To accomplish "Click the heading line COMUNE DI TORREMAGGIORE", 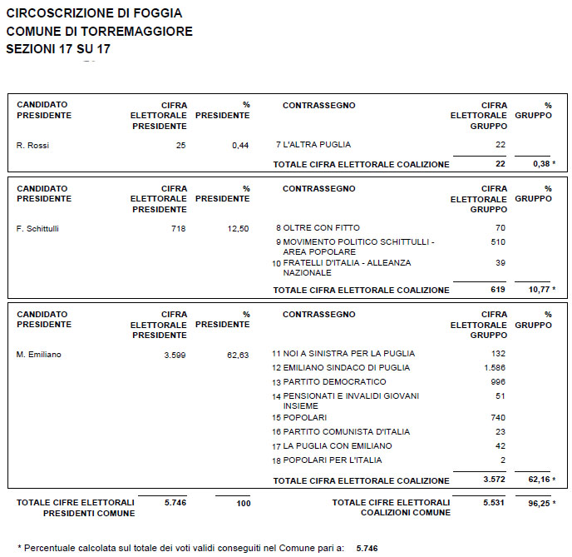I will pos(99,32).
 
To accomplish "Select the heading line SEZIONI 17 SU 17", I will pos(58,49).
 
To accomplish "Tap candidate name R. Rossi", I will pos(33,146).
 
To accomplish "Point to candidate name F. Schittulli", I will pos(40,228).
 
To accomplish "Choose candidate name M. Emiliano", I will pos(39,355).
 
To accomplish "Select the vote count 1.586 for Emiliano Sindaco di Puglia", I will pos(495,368).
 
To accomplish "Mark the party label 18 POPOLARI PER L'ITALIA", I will pos(328,460).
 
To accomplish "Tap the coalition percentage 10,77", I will pos(540,291).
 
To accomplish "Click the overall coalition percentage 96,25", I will pos(540,504).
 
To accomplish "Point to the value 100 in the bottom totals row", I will pos(241,504).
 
